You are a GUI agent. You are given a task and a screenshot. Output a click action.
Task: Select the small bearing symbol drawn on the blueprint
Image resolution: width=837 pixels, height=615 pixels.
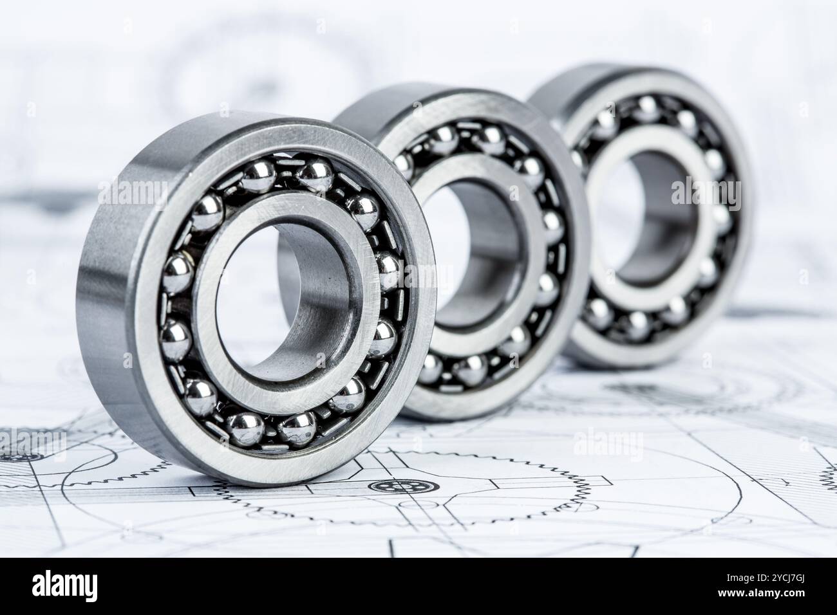click(387, 486)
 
